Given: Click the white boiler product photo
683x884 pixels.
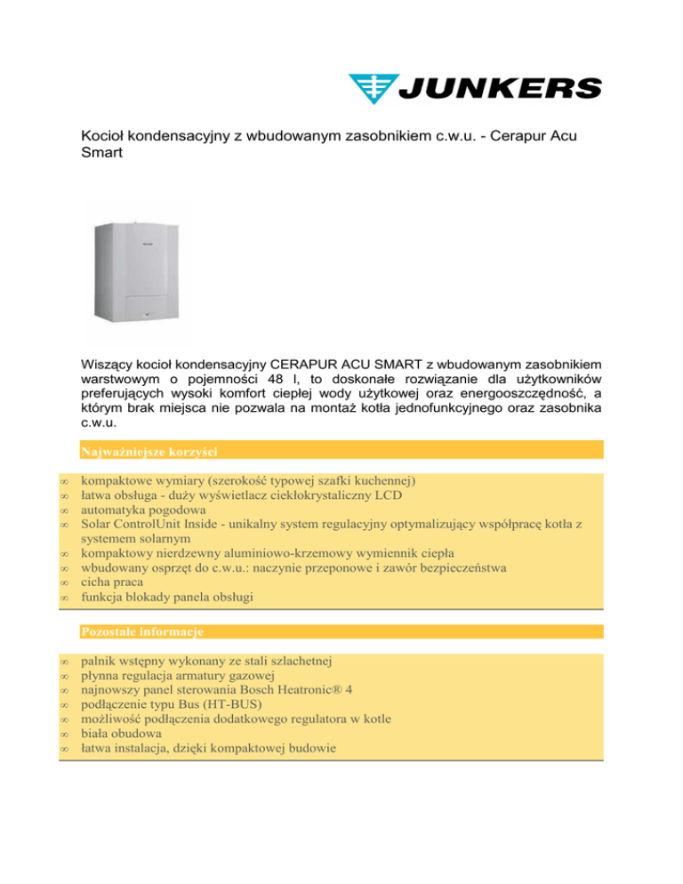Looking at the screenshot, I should point(136,271).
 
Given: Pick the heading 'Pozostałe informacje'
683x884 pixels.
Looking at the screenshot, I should point(142,631).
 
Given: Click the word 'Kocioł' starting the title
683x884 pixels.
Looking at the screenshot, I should point(104,138).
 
